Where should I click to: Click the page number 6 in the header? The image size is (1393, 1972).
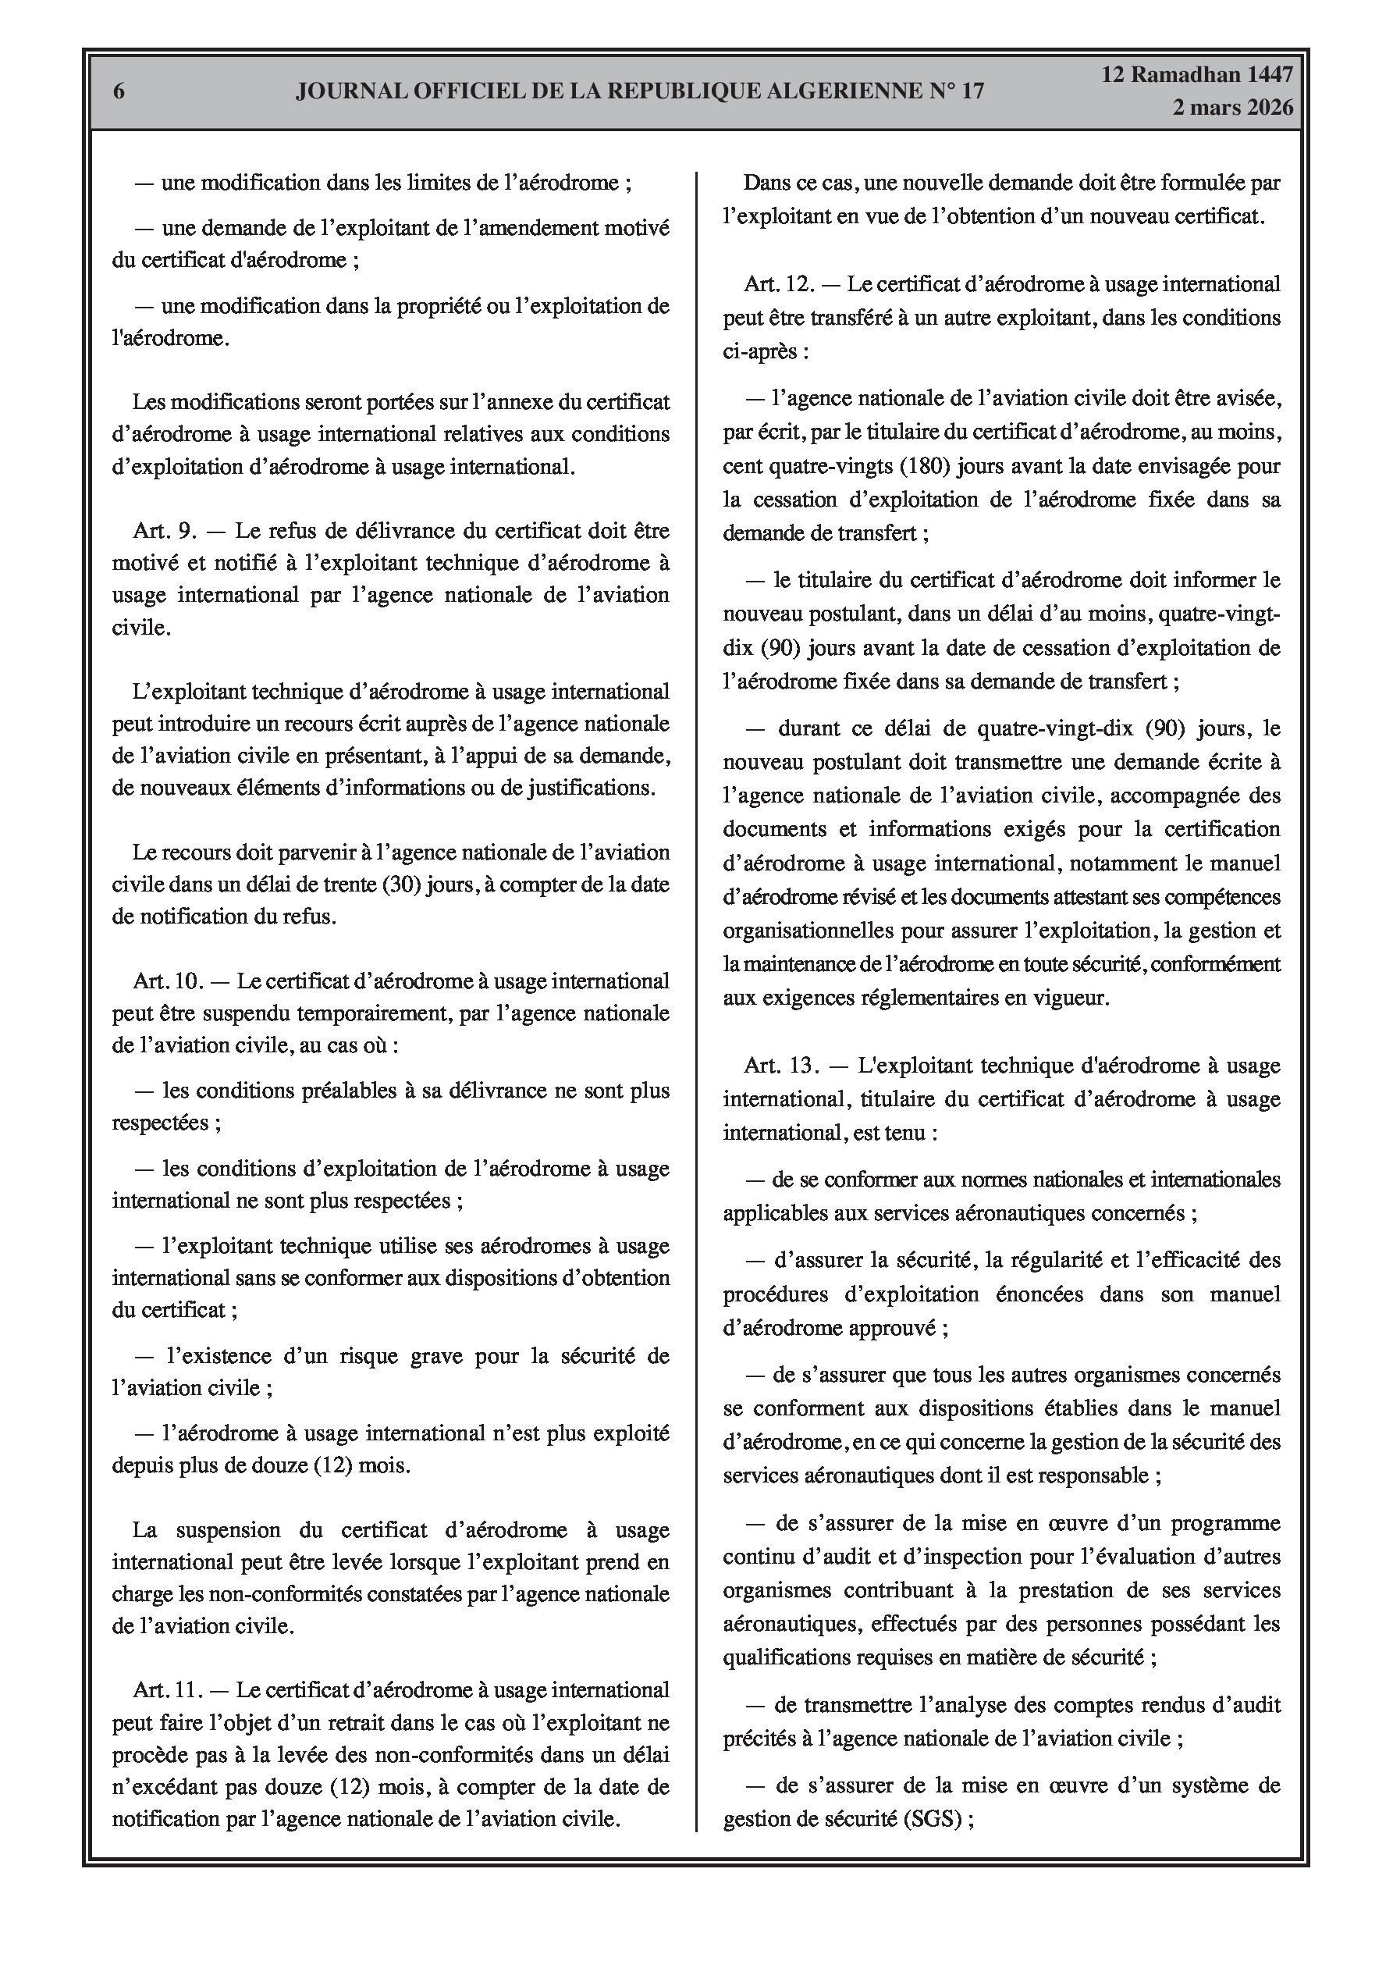pos(119,92)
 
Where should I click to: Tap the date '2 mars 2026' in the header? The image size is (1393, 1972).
pos(1232,109)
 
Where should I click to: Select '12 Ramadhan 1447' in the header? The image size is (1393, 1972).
pos(1197,75)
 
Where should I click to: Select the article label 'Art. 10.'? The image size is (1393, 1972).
pos(169,981)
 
